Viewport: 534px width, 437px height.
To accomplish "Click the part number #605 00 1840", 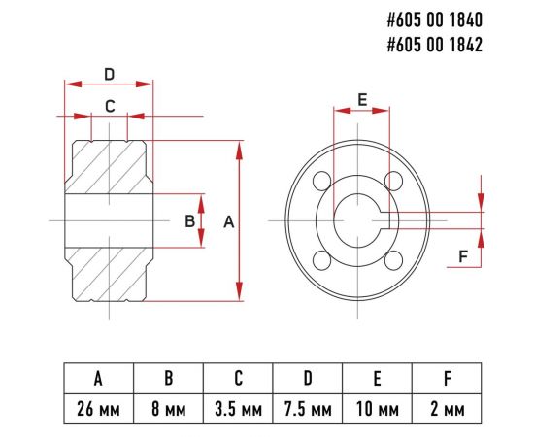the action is (x=435, y=19).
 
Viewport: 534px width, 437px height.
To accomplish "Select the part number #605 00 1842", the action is (x=435, y=45).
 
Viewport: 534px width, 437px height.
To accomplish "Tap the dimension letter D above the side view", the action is (x=109, y=74).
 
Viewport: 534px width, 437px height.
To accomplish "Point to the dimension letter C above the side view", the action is (x=110, y=106).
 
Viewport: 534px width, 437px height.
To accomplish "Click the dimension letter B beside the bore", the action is (x=189, y=221).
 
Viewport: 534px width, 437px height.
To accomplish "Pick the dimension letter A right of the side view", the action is (x=229, y=222).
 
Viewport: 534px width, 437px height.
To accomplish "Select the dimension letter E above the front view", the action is (x=362, y=100).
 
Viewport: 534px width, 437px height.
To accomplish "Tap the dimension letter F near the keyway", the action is (x=463, y=256).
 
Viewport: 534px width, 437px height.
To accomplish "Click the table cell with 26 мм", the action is (x=99, y=409).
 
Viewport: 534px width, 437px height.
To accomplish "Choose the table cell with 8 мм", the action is (x=169, y=409).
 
